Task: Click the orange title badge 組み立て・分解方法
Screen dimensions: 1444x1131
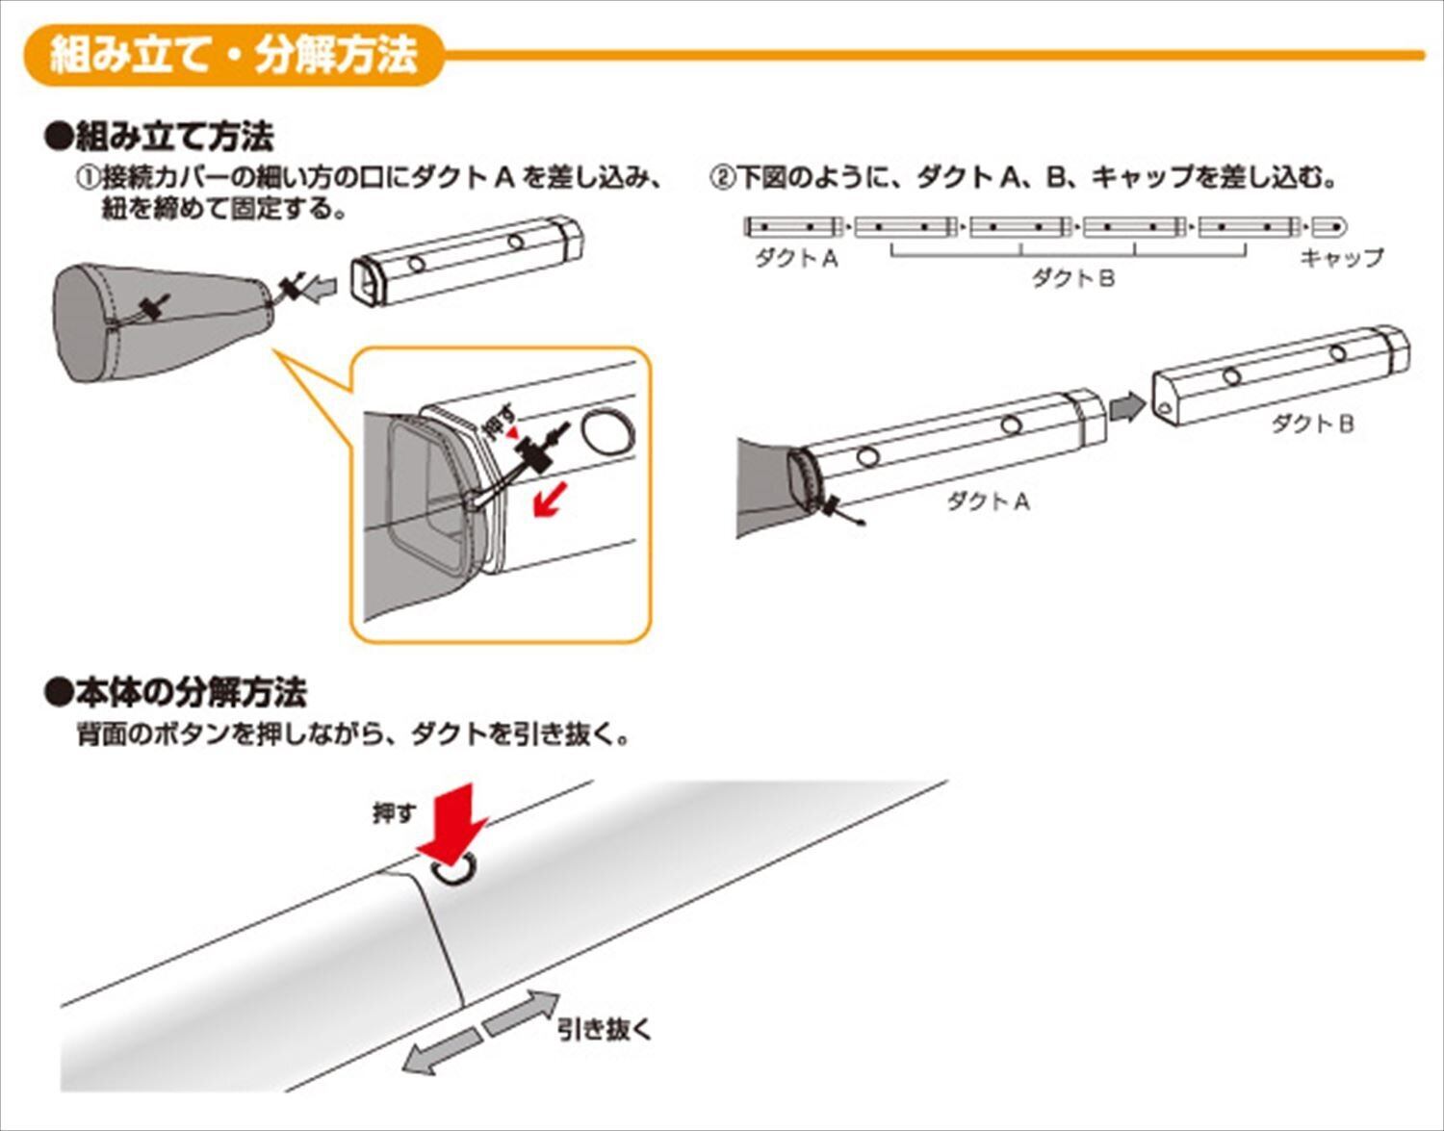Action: coord(234,55)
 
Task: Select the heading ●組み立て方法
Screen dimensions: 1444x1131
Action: coord(160,137)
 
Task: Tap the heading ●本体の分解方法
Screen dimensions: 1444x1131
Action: coord(176,691)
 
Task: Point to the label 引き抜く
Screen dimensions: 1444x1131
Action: coord(605,1029)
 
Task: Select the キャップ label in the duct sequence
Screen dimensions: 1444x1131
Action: coord(1341,257)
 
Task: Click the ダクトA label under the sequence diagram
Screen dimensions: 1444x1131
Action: coord(796,257)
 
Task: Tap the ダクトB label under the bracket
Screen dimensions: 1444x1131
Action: coord(1072,279)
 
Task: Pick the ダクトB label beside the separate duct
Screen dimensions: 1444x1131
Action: coord(1312,423)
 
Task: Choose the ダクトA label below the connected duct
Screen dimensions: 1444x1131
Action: coord(988,501)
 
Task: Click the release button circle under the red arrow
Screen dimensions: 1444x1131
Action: coord(454,871)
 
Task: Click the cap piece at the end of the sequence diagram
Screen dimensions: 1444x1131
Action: coord(1328,227)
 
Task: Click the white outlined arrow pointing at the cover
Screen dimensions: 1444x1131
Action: coord(321,288)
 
